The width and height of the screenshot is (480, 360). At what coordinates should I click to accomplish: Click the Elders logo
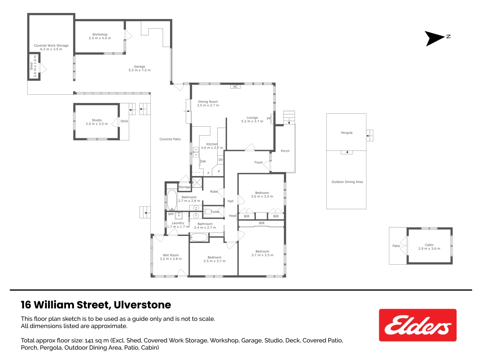[417, 325]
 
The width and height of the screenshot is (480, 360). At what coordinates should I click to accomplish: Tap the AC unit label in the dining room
[235, 87]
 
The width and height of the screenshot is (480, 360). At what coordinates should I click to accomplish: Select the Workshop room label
[100, 35]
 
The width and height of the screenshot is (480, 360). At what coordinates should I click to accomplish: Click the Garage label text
[139, 67]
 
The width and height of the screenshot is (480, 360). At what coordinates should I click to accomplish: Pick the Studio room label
[97, 120]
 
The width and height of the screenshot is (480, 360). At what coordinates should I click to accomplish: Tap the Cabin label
[429, 245]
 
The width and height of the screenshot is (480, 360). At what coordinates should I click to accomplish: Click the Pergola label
[347, 133]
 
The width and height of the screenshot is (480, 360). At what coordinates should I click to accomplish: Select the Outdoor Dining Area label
[347, 182]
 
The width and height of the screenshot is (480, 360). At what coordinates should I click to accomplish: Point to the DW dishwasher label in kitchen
[203, 161]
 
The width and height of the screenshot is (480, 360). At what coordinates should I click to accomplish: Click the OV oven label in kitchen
[221, 160]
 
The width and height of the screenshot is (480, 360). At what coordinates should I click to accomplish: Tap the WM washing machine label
[171, 214]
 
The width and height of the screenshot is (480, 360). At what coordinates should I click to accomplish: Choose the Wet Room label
[171, 255]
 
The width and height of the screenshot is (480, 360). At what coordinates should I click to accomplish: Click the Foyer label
[259, 162]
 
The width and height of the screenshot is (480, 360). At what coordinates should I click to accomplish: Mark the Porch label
[285, 151]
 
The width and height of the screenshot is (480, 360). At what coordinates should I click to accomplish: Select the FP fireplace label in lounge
[269, 119]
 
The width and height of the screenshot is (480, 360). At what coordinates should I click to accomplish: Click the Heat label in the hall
[232, 216]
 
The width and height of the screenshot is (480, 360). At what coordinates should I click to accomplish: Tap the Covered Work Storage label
[51, 46]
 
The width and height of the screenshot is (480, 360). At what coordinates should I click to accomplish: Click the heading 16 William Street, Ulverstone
[96, 305]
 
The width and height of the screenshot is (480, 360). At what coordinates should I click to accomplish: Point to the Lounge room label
[252, 118]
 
